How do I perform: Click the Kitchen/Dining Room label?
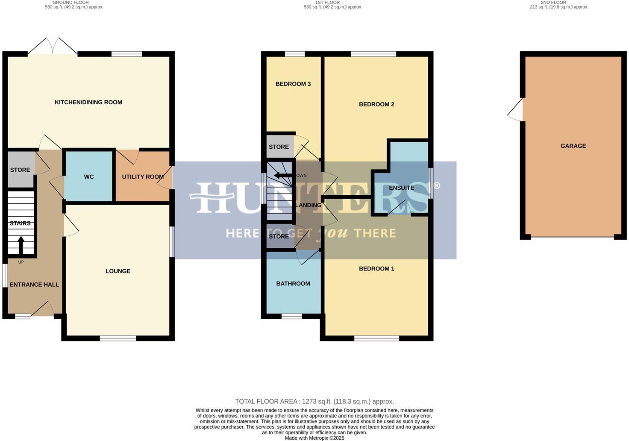[88, 102]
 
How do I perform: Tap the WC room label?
[88, 177]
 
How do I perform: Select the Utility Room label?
[143, 177]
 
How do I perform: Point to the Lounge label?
[118, 271]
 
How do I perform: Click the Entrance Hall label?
[34, 285]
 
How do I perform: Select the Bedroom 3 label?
[293, 84]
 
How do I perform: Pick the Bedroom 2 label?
[376, 104]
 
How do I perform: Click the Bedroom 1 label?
[376, 268]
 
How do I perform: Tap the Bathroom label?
[293, 283]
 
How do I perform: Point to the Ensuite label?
[401, 188]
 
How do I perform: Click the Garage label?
[573, 146]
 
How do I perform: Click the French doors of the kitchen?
[53, 46]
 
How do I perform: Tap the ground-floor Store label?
[20, 170]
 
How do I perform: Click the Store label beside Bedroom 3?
[279, 147]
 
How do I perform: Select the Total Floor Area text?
[314, 401]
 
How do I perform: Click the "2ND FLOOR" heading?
[553, 3]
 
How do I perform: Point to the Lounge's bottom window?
[118, 338]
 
